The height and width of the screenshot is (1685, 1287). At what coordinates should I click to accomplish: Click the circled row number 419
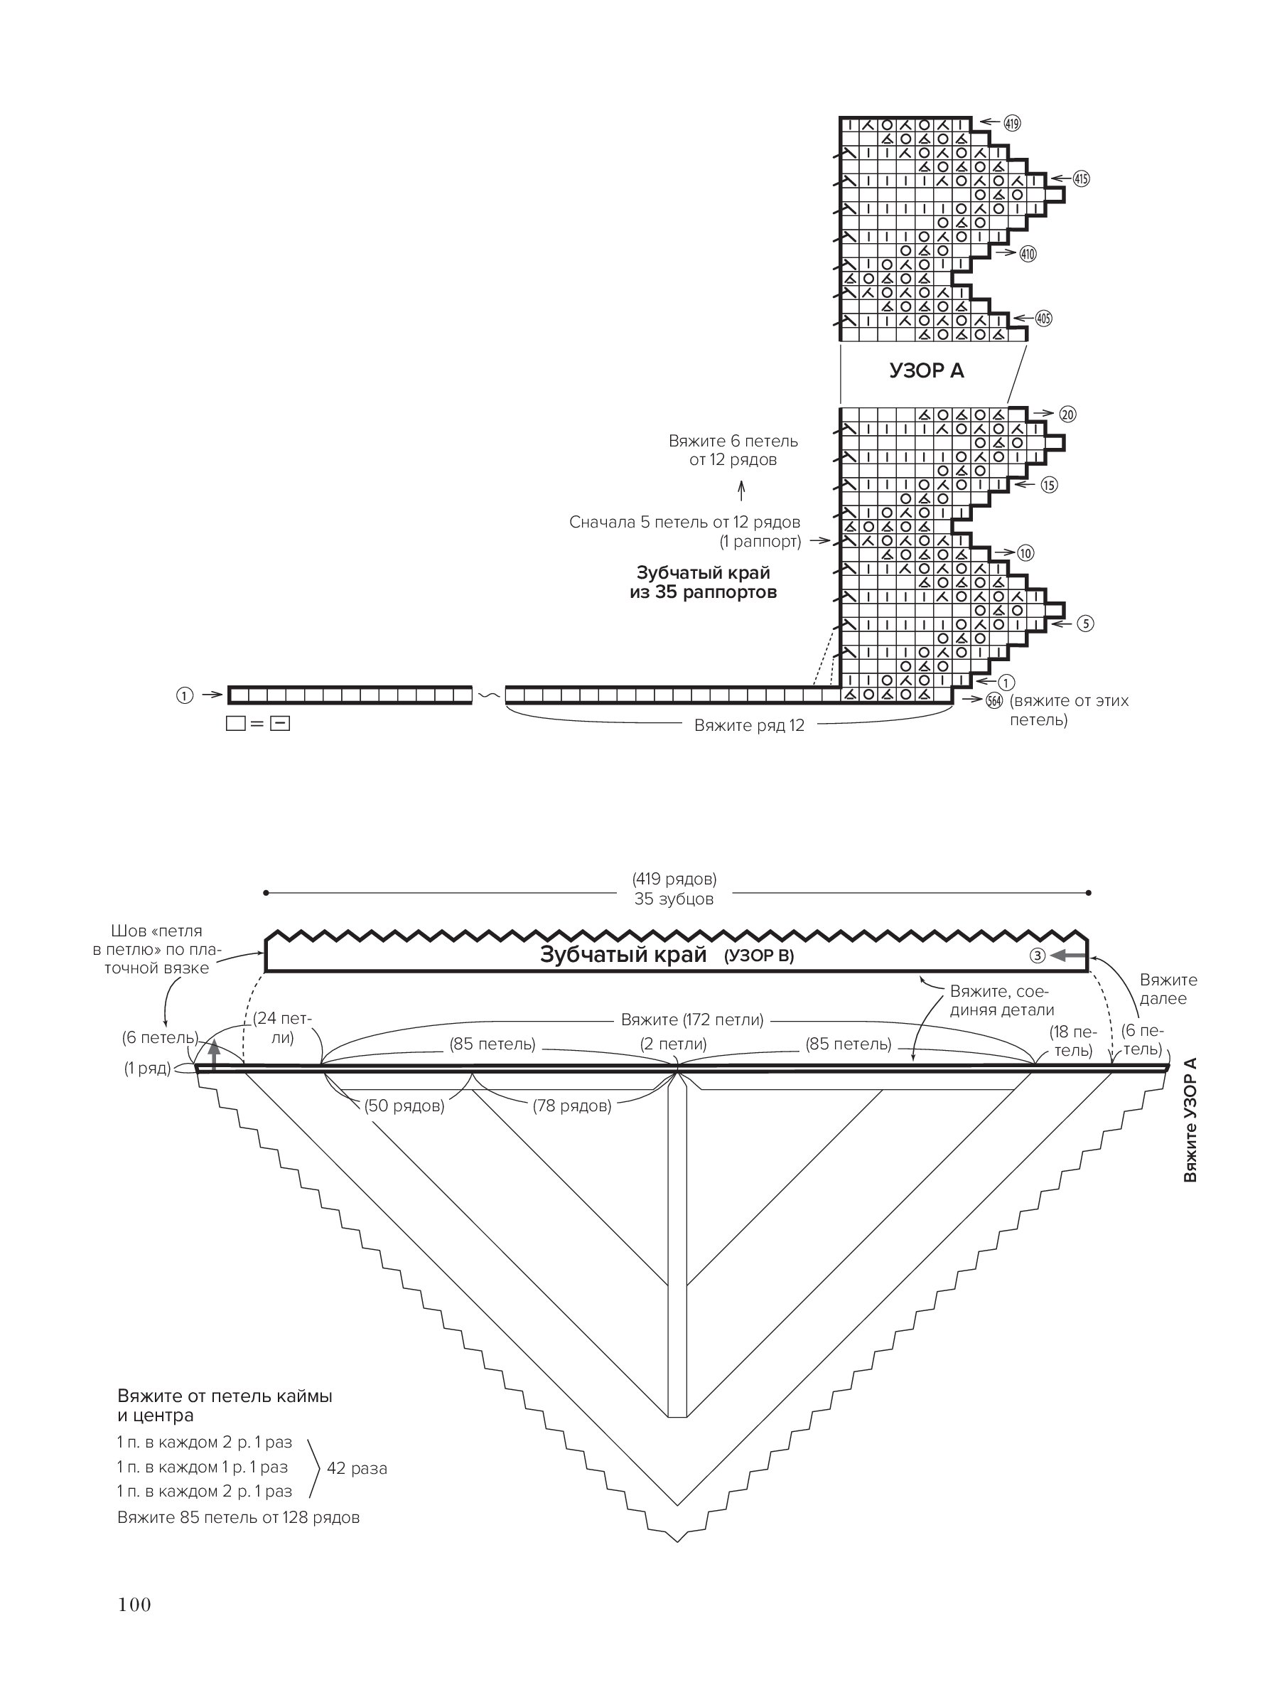(1012, 122)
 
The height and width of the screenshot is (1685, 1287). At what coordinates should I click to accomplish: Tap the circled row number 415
(1081, 178)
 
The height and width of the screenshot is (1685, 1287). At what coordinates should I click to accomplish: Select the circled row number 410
(1028, 254)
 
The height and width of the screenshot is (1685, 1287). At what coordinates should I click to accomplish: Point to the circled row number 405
(1043, 318)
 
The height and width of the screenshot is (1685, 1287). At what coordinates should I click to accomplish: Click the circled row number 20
(1067, 414)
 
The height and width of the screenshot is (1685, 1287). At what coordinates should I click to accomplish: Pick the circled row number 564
(994, 700)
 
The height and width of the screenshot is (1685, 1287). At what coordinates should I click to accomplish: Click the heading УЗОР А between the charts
(926, 371)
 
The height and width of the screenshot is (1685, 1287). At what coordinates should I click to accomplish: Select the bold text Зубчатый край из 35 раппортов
(704, 582)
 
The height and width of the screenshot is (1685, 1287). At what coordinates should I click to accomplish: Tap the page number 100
(135, 1605)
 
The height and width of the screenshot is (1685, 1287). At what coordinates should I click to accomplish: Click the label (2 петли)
(674, 1044)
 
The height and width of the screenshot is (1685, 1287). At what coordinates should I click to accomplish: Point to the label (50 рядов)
(404, 1106)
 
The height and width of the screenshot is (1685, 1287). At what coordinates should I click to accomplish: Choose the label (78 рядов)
(571, 1106)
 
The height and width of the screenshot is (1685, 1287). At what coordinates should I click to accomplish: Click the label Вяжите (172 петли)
(691, 1020)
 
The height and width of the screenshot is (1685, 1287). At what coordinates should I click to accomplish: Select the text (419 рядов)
(674, 879)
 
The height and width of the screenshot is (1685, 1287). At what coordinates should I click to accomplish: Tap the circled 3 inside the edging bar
(1038, 956)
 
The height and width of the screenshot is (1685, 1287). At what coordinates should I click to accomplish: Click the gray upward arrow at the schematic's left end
(214, 1054)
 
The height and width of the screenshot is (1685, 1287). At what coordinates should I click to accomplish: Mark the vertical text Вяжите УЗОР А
(1190, 1120)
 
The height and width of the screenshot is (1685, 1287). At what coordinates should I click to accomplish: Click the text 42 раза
(357, 1468)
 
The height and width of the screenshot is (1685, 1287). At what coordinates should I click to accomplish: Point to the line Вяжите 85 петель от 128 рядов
(238, 1517)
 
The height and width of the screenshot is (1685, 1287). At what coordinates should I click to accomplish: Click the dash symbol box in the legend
(281, 722)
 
